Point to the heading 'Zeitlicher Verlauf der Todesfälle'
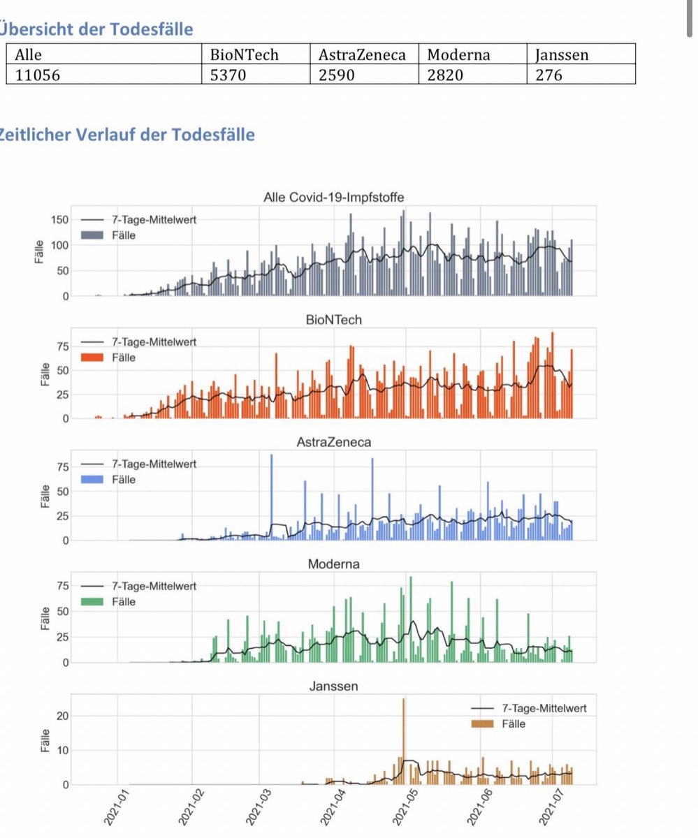tap(127, 135)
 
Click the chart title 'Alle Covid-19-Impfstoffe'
tap(333, 198)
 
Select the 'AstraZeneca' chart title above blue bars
tap(333, 442)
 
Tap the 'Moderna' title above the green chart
tap(333, 564)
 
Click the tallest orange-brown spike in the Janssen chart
tap(403, 705)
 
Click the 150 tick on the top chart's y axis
tap(61, 220)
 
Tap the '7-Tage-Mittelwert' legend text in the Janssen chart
tap(543, 708)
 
